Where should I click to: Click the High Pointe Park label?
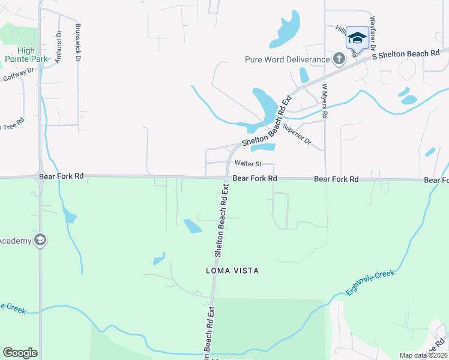tap(26, 55)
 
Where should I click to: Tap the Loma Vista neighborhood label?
tap(231, 271)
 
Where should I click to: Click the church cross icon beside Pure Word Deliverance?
tap(339, 59)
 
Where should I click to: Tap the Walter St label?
tap(248, 163)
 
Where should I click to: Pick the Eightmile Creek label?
tap(370, 283)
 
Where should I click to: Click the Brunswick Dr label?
tap(77, 43)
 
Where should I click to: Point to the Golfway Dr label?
tap(18, 74)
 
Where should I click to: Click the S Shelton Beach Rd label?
tap(406, 54)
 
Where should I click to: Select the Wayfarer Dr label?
tap(373, 32)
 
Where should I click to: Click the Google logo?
tap(20, 353)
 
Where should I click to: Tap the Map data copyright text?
tap(423, 355)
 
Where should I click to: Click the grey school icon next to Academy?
tap(40, 241)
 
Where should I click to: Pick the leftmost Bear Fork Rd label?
tap(61, 177)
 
